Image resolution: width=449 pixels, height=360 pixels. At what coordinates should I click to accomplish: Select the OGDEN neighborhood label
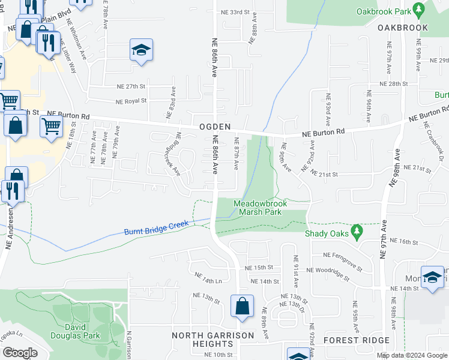(215, 128)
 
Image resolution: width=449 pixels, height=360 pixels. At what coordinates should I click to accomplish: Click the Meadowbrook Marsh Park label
(260, 208)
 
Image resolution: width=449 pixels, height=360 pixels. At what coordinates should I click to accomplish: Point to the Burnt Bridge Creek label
(156, 227)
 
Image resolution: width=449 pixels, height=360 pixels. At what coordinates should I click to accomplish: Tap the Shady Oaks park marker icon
(358, 230)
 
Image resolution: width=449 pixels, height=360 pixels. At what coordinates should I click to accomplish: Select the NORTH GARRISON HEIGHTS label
(202, 339)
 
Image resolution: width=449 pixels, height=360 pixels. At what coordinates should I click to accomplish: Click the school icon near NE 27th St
(141, 50)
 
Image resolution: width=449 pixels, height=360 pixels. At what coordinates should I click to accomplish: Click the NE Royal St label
(131, 101)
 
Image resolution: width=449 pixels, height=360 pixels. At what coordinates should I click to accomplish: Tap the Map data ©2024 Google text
(412, 355)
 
